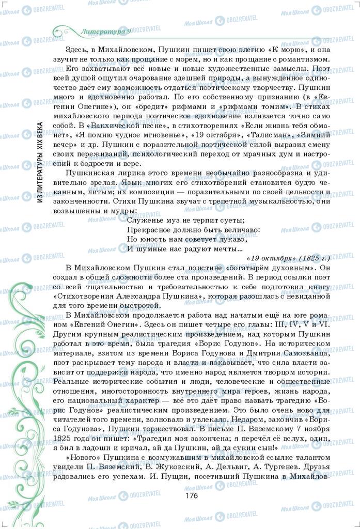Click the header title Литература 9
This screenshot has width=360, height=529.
point(106,32)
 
